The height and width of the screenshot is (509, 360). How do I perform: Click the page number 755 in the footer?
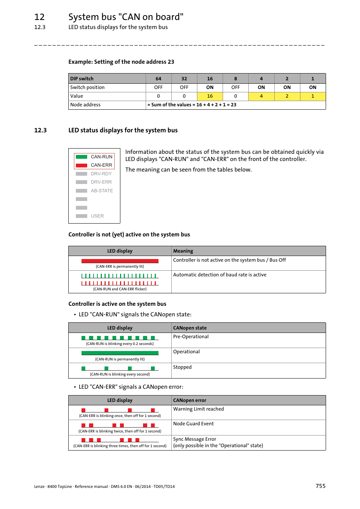point(320,486)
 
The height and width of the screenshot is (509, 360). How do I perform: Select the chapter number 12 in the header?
point(40,17)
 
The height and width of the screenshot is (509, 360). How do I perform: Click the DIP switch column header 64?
point(158,79)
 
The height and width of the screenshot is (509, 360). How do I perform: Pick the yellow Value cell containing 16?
point(210,96)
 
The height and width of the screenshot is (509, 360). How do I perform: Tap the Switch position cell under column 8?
point(235,87)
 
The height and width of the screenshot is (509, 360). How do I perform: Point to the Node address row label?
point(85,105)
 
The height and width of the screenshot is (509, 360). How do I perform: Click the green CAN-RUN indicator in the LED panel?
point(82,157)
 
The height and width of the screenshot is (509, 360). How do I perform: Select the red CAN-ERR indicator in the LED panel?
point(82,166)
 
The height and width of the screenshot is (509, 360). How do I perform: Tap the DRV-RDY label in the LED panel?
point(101,174)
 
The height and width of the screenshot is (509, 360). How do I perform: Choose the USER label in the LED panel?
point(97,216)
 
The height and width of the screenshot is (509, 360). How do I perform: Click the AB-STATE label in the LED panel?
point(102,191)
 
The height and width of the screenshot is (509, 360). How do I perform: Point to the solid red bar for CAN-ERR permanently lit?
point(120,261)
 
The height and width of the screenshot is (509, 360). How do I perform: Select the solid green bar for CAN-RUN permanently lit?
point(120,353)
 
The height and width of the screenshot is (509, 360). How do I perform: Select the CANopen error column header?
point(190,400)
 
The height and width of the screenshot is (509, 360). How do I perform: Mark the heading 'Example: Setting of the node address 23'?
point(121,62)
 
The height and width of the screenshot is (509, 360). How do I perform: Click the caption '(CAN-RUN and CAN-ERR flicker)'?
point(120,289)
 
